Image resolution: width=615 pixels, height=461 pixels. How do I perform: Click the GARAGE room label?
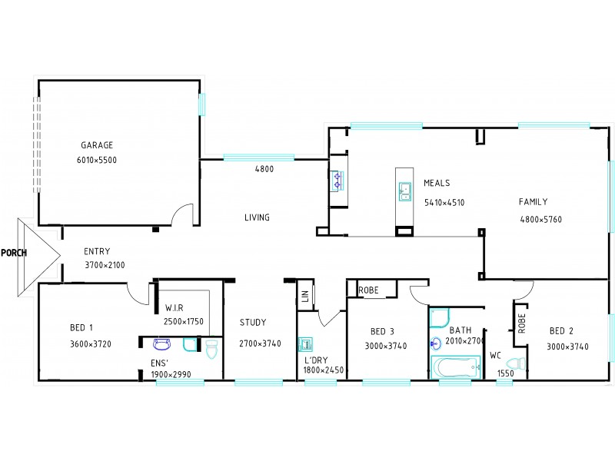coord(97,144)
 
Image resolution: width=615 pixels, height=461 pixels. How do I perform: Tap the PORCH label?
coord(14,252)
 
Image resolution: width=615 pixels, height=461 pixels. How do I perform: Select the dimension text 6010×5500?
coord(97,161)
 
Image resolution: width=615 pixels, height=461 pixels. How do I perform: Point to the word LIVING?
coord(257,217)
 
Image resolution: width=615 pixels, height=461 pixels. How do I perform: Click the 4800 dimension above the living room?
coord(264,169)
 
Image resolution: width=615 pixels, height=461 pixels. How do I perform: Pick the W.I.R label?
coord(174,307)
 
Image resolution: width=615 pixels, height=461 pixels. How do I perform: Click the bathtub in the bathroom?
coord(454,367)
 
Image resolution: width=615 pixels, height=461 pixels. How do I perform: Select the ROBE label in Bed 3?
coord(368,290)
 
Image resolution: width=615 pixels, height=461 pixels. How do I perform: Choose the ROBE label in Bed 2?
coord(521,323)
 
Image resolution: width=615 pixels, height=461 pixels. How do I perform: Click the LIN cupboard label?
coord(305,295)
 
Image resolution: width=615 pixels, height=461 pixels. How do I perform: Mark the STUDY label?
coord(252,323)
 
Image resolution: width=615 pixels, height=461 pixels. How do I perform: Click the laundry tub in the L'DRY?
coord(304,343)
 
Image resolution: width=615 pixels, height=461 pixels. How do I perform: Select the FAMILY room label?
coord(533,202)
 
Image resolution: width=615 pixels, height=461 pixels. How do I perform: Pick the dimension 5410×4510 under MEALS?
coord(444,203)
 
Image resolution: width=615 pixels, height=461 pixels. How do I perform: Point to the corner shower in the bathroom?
coord(440,317)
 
